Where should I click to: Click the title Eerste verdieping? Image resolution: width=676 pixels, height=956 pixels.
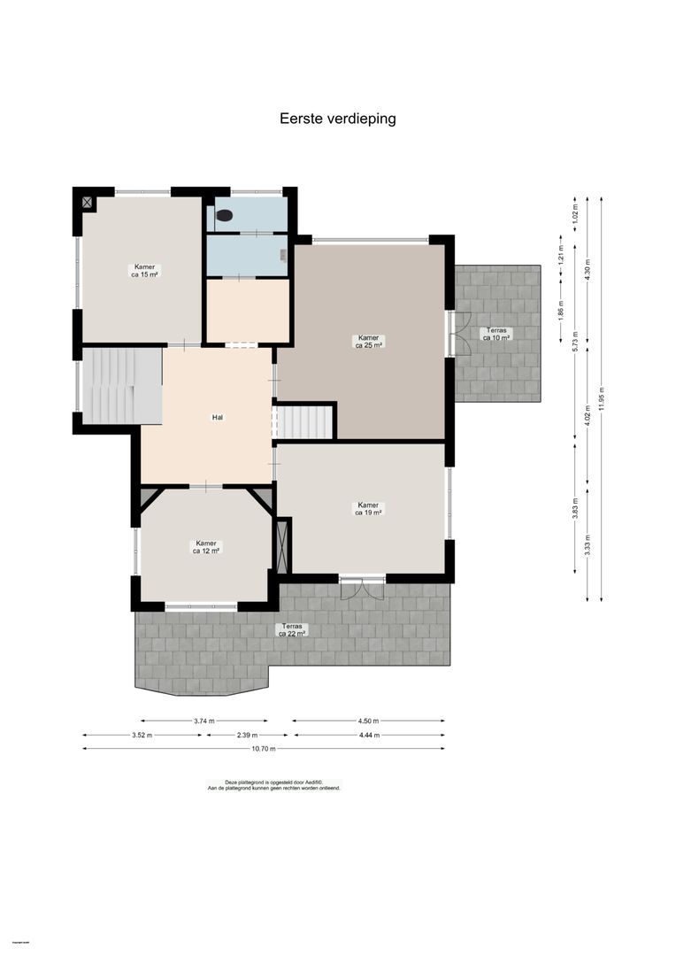[337, 119]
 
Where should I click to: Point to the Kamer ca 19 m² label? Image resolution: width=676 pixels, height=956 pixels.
[368, 508]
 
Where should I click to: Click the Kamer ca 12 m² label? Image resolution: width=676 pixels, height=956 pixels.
[206, 547]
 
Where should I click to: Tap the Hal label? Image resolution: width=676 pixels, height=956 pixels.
[216, 417]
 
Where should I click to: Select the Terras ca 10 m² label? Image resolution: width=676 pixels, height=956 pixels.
[495, 334]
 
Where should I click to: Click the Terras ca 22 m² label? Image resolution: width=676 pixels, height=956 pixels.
[292, 629]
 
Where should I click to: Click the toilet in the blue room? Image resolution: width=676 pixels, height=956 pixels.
[225, 215]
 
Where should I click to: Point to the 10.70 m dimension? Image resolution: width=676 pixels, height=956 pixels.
[264, 749]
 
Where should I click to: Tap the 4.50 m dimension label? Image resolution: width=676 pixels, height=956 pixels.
[369, 721]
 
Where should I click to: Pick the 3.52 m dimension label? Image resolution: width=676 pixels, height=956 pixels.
[142, 735]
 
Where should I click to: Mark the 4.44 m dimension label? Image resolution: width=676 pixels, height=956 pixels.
[369, 735]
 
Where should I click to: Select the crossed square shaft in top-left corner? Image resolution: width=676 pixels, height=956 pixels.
[87, 202]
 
